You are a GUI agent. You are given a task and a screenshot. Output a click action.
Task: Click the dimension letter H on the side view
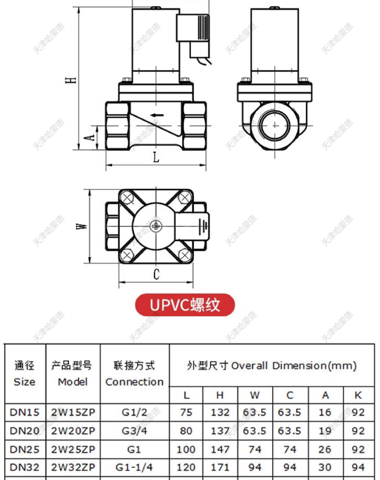pos(71,80)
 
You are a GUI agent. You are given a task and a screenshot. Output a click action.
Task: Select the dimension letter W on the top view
pos(83,225)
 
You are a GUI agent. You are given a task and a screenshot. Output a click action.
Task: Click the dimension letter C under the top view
pos(156,274)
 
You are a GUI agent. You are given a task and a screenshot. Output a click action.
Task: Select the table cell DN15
pos(25,412)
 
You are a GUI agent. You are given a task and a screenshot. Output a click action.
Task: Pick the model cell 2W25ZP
pos(73,449)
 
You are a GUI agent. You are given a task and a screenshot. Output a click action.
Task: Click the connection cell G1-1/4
pos(135,467)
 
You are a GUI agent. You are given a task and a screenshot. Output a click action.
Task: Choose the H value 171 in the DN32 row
pos(220,467)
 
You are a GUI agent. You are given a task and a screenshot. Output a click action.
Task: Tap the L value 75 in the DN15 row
pos(186,412)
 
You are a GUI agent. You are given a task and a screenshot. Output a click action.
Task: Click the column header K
pos(358,395)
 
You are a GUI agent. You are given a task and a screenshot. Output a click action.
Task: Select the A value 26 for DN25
pos(325,449)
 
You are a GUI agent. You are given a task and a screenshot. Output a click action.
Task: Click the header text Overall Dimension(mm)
pos(293,366)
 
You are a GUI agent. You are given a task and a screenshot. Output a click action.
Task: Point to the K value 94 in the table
pos(358,467)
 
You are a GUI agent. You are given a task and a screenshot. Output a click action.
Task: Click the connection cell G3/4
pos(135,431)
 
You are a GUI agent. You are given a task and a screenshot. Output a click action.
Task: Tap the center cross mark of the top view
pos(156,225)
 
